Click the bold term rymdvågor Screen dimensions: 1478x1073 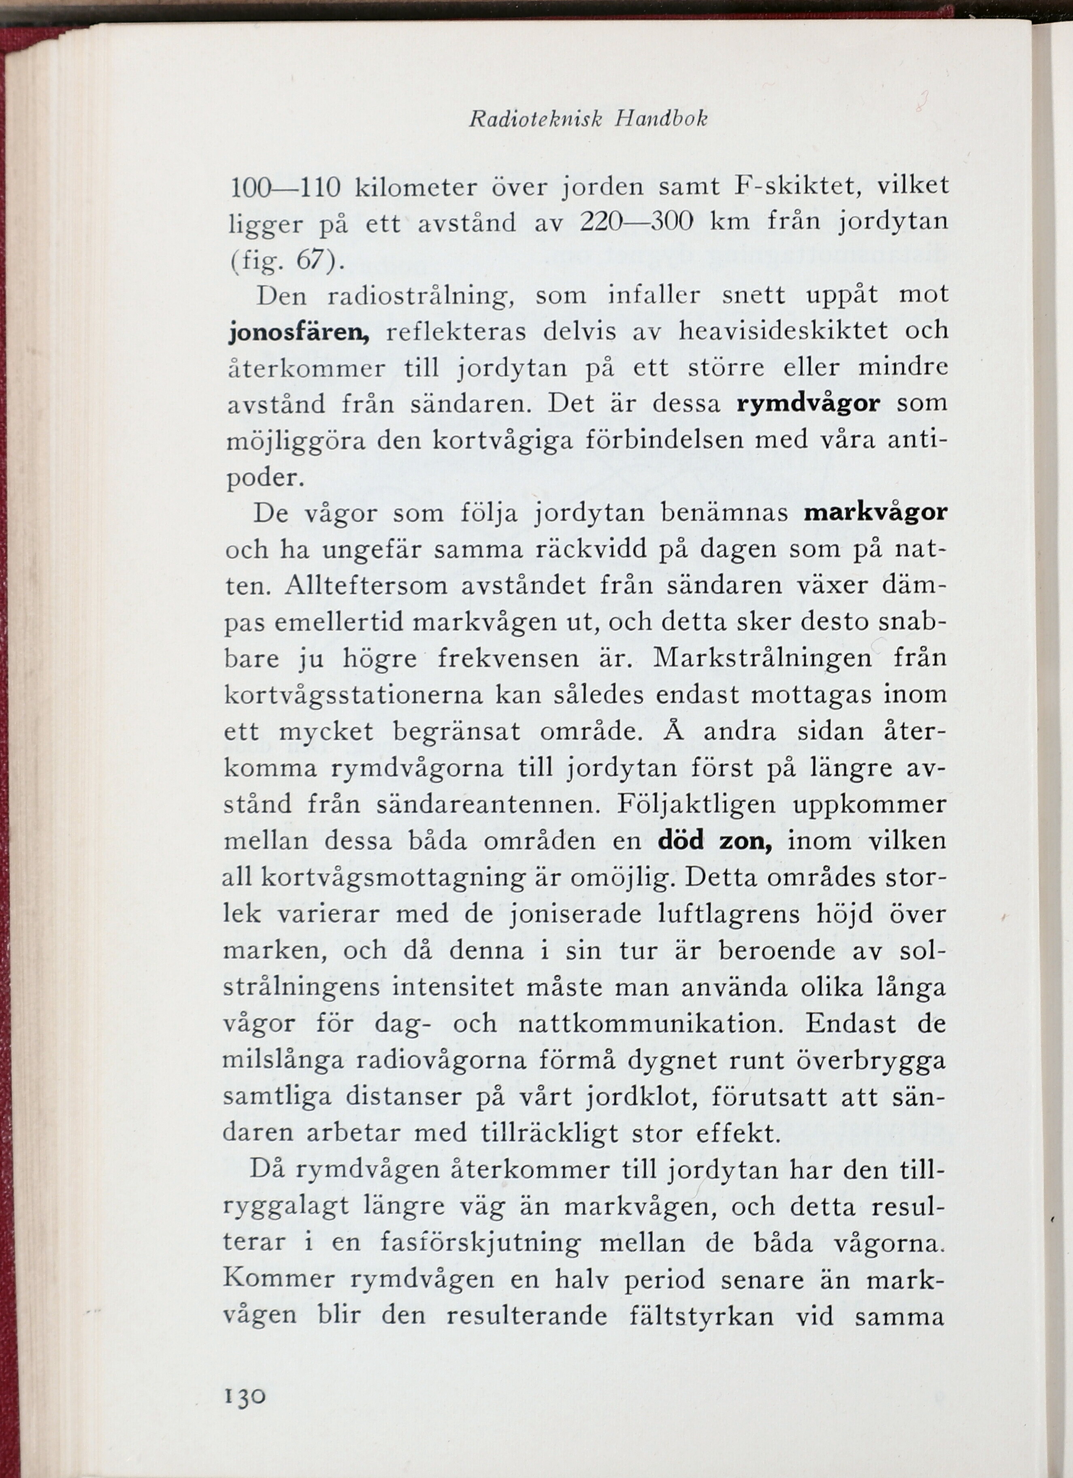click(x=808, y=404)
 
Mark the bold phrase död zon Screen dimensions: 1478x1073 click(x=715, y=842)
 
